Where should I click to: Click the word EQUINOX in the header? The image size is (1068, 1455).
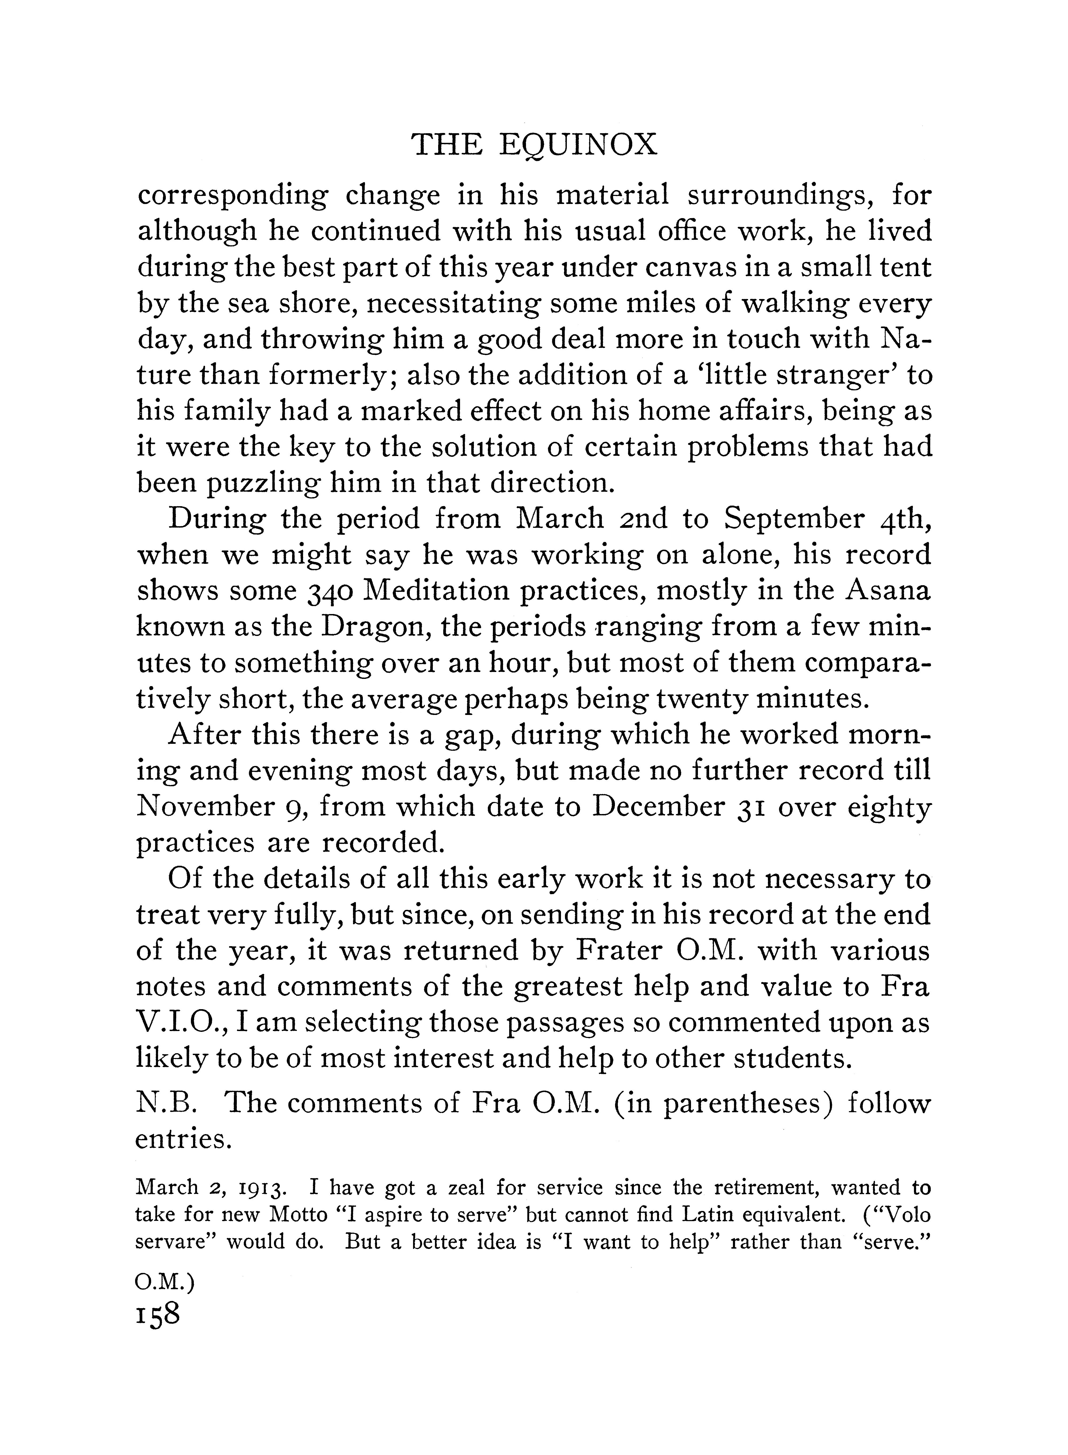coord(579,146)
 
